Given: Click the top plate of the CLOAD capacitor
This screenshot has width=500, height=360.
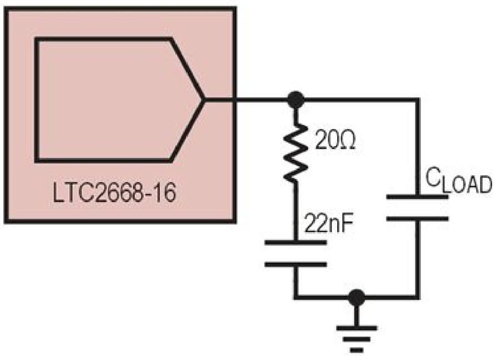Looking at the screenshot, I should click(417, 197).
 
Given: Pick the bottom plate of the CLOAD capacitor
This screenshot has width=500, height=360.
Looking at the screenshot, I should click(417, 218).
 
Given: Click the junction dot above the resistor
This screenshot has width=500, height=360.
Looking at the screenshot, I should click(296, 100).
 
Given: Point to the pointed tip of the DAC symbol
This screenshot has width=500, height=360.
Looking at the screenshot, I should click(204, 100).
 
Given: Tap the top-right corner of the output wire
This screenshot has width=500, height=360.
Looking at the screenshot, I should click(417, 100).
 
